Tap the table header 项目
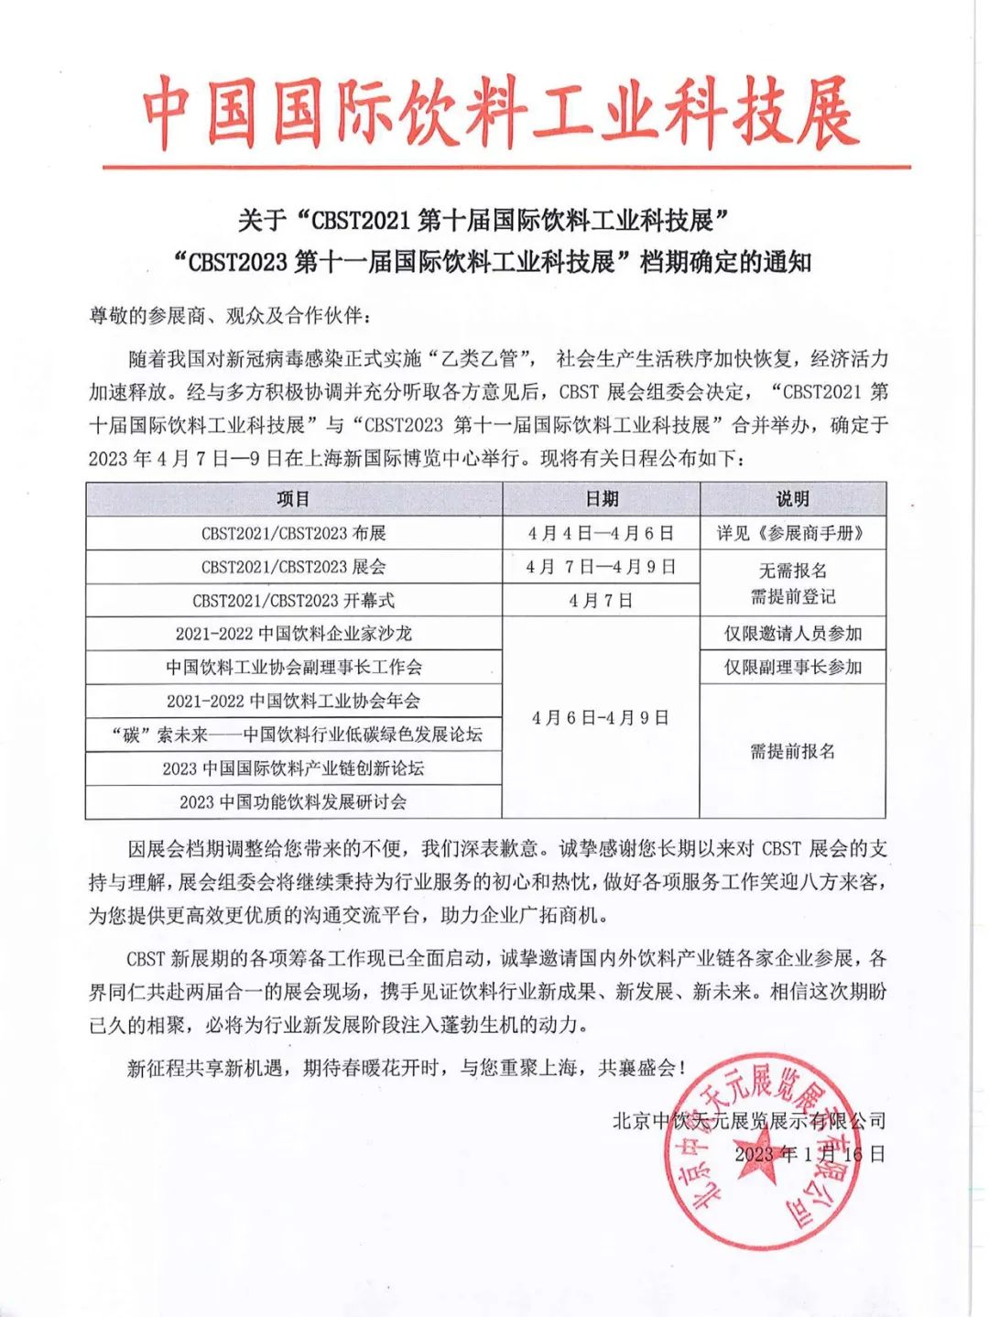pos(294,499)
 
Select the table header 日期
pos(602,499)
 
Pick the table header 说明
pos(792,499)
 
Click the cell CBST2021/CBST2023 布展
pos(294,533)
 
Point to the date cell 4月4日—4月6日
pos(602,533)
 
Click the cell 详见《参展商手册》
pos(792,533)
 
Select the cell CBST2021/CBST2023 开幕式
pos(294,601)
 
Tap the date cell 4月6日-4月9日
pos(602,718)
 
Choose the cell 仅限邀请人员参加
pos(792,634)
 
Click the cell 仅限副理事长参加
pos(792,668)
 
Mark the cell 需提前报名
pos(792,752)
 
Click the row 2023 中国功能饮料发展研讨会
pos(294,802)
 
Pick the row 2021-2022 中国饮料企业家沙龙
pos(294,634)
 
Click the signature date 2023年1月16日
pos(810,1154)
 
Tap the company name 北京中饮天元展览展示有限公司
pos(749,1120)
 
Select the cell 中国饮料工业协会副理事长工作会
pos(294,668)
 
